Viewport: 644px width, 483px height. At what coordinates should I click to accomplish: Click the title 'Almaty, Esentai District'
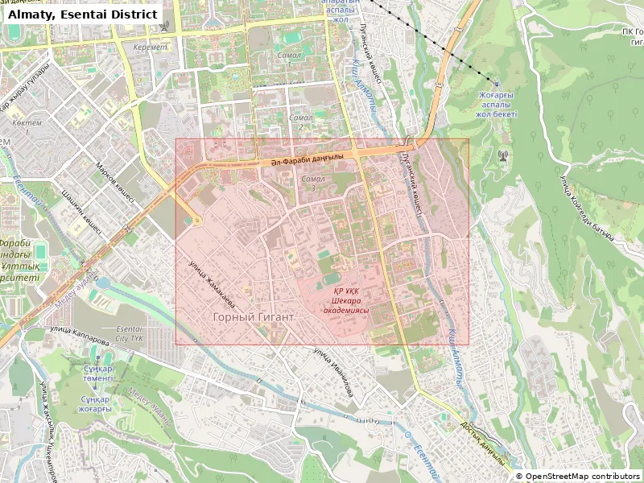point(82,14)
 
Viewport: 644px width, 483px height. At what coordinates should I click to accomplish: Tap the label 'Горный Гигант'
point(253,317)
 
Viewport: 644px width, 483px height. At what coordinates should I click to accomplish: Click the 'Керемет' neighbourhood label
point(151,47)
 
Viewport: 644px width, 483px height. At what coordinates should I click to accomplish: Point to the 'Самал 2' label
point(300,122)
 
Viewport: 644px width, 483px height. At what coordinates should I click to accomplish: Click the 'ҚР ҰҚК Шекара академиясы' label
point(345,299)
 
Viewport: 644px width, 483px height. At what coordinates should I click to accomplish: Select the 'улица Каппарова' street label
point(80,336)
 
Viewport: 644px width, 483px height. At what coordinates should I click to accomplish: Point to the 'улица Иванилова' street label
point(333,371)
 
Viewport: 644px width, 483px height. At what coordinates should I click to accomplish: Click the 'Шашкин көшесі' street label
point(81,211)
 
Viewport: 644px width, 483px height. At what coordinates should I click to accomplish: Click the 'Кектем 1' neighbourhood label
point(27,126)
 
